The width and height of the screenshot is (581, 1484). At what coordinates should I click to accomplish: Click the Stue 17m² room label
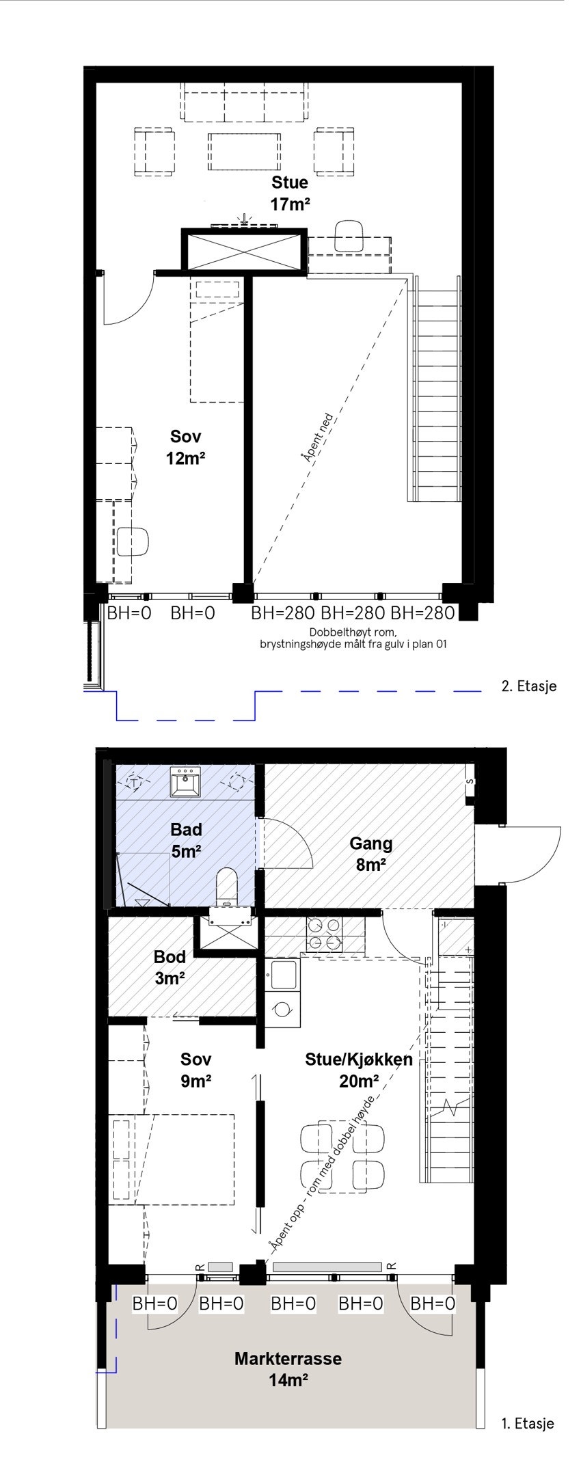(x=290, y=193)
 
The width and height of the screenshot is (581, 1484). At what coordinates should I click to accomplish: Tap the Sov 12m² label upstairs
(x=185, y=447)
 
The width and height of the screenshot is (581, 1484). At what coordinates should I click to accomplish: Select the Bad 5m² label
(x=186, y=840)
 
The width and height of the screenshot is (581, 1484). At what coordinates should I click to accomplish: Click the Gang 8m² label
(x=370, y=854)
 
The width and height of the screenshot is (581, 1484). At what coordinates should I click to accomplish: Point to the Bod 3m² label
(x=170, y=967)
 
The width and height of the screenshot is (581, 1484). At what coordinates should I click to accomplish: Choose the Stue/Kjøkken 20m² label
(x=358, y=1070)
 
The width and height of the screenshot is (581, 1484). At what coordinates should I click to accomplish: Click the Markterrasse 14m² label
(x=288, y=1369)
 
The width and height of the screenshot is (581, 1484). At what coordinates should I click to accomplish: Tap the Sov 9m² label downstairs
(x=195, y=1070)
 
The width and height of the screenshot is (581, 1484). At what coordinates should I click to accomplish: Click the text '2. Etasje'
(x=528, y=686)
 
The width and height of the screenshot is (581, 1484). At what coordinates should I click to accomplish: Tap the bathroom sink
(x=185, y=781)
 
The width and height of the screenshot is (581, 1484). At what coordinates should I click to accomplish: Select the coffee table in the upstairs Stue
(x=244, y=152)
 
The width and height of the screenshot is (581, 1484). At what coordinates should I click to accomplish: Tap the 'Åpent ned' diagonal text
(x=317, y=438)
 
